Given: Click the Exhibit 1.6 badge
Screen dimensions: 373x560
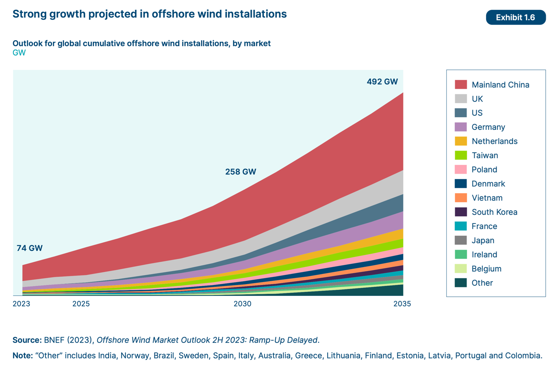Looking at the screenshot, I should tap(515, 17).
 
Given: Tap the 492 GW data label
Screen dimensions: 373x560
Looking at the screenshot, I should tap(382, 82).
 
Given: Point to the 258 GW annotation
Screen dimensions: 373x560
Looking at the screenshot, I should tap(241, 172).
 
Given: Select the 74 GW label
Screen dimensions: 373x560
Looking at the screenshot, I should tap(30, 248).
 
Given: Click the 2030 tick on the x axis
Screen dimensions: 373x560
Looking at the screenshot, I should tap(242, 304).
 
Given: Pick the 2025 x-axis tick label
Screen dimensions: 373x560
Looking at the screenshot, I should tap(81, 304).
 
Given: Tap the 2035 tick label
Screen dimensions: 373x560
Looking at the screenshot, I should tap(402, 304).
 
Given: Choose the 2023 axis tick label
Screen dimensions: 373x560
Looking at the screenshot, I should tap(22, 304).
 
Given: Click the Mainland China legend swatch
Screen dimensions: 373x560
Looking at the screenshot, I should tap(461, 84).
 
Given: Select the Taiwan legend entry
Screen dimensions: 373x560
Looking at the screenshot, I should tap(485, 155).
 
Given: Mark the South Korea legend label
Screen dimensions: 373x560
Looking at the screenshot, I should tap(494, 212).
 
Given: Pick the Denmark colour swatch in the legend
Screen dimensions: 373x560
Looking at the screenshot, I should tap(461, 183).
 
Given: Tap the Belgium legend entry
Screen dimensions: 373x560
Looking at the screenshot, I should tap(486, 269).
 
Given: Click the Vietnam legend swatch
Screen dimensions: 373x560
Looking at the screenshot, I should tap(461, 198).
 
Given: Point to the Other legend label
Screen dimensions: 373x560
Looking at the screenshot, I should tap(482, 283).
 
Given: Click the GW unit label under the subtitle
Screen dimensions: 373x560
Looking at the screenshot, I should tap(19, 53).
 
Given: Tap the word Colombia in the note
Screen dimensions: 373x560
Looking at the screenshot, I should tap(523, 356).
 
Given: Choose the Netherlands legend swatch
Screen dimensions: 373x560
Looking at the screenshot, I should tap(461, 141).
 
